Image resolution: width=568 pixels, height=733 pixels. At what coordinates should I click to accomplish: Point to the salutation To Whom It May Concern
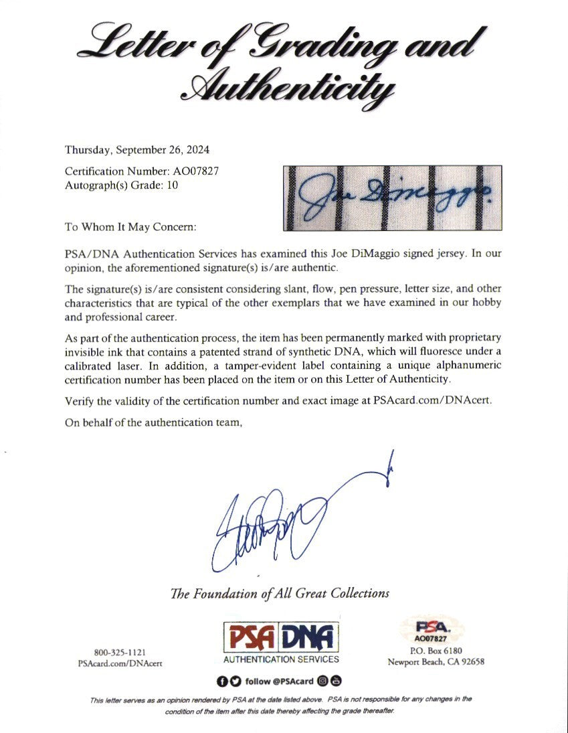coord(130,227)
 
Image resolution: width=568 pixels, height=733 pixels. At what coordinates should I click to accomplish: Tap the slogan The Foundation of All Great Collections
coord(280,593)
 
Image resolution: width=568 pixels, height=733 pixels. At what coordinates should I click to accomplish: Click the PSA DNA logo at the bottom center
coord(280,636)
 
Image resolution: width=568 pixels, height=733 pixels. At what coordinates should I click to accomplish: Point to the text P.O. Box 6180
coord(436,651)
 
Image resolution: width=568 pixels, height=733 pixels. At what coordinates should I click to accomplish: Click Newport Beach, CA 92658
coord(436,662)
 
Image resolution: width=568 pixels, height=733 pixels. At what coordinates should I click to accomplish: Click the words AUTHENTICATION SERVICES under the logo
coord(280,659)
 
